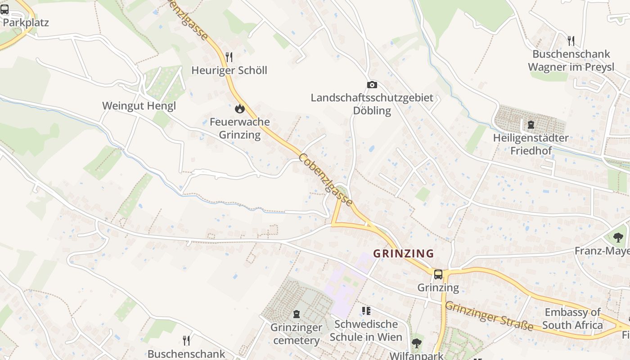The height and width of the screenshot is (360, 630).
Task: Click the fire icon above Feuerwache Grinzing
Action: (x=239, y=108)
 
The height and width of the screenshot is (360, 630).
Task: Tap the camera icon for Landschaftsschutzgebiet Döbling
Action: (x=372, y=85)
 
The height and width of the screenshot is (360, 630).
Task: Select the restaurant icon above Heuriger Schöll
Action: (x=229, y=57)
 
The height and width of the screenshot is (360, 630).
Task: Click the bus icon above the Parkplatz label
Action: (x=4, y=9)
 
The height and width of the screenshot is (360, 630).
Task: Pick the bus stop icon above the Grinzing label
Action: (x=438, y=274)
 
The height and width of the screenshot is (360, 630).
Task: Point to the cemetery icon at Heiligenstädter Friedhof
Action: (x=531, y=125)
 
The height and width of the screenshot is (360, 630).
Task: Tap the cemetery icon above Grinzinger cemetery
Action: (x=297, y=314)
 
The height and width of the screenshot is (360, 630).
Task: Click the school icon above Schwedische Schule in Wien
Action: (x=366, y=311)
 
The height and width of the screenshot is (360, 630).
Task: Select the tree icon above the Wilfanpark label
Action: (x=417, y=343)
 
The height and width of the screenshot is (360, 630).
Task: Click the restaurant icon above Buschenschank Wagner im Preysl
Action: (x=571, y=41)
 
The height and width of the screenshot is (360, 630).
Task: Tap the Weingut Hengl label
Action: (x=139, y=106)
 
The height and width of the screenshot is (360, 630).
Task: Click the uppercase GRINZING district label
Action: (x=404, y=253)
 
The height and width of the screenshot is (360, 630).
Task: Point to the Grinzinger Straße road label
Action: (x=489, y=317)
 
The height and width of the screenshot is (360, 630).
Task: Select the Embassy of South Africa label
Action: (x=572, y=319)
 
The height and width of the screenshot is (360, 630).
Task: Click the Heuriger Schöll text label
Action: (x=229, y=70)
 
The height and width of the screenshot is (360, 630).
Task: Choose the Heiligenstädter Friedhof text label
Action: (x=531, y=144)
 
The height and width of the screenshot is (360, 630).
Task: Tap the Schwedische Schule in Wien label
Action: (x=366, y=330)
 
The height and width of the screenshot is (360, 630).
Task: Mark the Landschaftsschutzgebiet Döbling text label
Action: (x=372, y=104)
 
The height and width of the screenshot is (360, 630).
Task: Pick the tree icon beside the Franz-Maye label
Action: (x=618, y=237)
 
